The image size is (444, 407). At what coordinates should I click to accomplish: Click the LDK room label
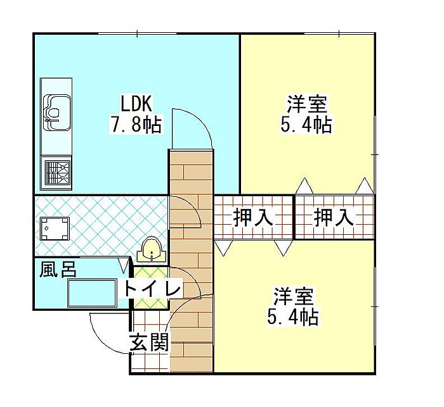(x=136, y=103)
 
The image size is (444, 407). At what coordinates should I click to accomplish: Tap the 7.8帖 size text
(x=136, y=125)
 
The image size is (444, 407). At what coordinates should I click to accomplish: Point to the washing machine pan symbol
(x=54, y=229)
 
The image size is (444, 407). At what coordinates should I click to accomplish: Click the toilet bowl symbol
(x=152, y=251)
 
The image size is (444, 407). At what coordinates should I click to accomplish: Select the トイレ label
(x=153, y=289)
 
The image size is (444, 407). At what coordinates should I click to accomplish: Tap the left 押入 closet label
(x=253, y=218)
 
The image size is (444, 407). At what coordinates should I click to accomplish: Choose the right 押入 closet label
(x=334, y=218)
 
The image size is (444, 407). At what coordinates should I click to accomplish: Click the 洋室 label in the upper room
(x=306, y=103)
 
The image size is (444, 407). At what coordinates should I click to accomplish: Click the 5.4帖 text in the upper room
(x=306, y=125)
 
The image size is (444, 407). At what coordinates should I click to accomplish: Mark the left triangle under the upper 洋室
(x=304, y=187)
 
